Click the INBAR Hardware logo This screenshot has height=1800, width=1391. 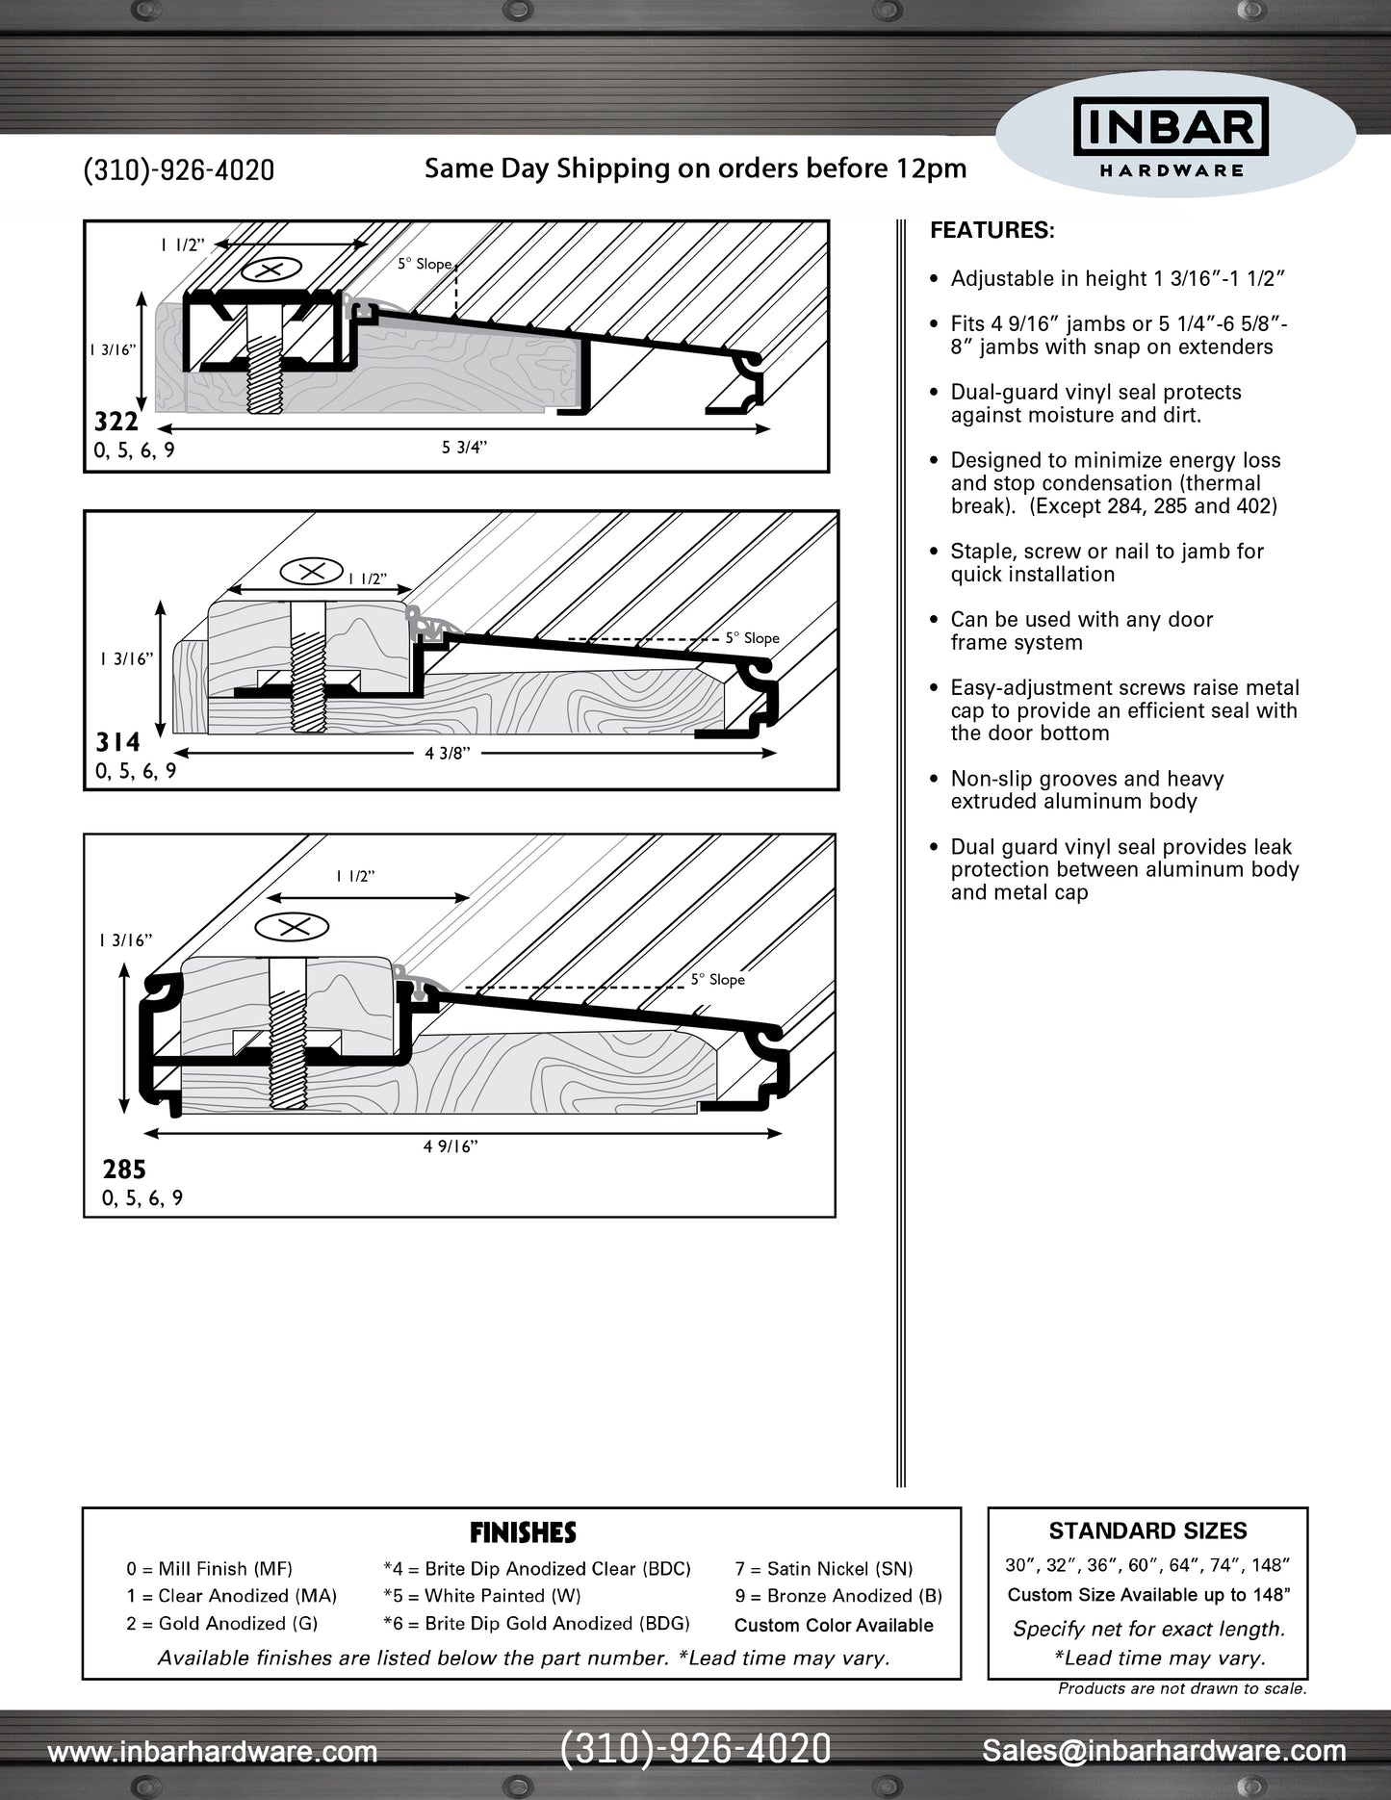point(1171,141)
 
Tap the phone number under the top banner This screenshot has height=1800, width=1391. point(179,170)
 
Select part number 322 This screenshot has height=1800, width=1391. point(116,422)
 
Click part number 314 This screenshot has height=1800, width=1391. point(118,742)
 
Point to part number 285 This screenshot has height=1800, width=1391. point(124,1170)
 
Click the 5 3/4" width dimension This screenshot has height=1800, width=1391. point(464,447)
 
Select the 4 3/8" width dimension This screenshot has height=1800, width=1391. point(448,753)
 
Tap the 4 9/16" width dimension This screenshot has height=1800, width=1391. point(451,1146)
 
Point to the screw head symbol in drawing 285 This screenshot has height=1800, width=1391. point(292,927)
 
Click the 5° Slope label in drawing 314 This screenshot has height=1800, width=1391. point(752,638)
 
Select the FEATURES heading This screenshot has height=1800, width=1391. point(992,231)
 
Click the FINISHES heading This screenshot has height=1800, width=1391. point(523,1531)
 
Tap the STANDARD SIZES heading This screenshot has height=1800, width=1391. point(1147,1530)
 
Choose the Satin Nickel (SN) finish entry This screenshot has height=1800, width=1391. point(823,1569)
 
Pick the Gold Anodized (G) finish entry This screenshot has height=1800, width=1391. point(221,1623)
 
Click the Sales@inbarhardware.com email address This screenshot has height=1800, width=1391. point(1164,1751)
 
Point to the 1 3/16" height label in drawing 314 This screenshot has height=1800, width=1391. point(126,659)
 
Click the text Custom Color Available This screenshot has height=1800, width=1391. point(834,1625)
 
